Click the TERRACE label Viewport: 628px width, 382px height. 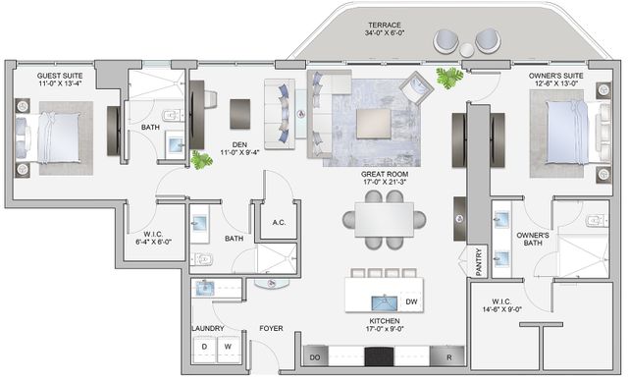(386, 25)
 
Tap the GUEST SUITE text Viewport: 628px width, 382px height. (61, 75)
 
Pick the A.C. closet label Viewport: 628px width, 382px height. (278, 222)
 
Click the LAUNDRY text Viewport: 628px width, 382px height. (207, 328)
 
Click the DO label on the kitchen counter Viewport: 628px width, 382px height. (314, 358)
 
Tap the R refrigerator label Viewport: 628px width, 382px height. (448, 358)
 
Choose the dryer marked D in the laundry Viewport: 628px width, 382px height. (204, 348)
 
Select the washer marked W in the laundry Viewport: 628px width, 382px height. (227, 348)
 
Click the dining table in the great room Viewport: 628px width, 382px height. (378, 220)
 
